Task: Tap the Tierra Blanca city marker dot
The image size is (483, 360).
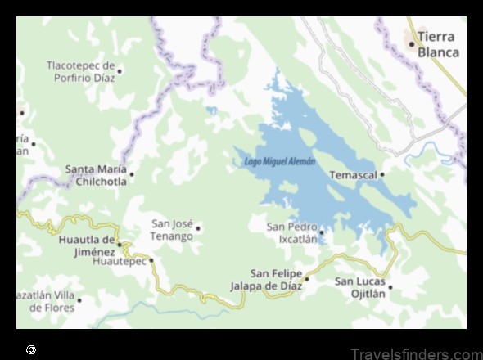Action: coord(411,44)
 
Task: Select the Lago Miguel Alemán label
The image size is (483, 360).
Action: coord(280,162)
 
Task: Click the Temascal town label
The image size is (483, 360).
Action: coord(353,175)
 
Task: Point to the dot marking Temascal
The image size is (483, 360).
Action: coord(382,174)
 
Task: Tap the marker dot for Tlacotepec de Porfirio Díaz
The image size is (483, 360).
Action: coord(120,71)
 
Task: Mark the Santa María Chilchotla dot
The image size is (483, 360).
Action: coord(131,174)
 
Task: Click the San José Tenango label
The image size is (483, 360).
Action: coord(172,230)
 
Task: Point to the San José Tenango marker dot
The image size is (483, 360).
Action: coord(198,229)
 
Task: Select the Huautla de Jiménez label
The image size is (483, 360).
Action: coord(87,245)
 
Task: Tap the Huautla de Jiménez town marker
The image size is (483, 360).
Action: coord(120,245)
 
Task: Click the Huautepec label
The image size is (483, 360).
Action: coord(119,261)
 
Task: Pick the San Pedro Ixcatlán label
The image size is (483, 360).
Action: coord(291,233)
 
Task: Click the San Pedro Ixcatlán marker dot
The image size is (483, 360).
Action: coord(322,232)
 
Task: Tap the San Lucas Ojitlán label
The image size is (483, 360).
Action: coord(359,287)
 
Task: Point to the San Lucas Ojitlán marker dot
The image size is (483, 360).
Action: coord(390,287)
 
